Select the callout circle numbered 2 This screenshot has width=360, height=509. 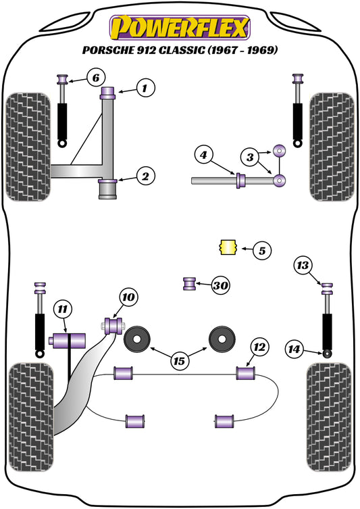coord(145,177)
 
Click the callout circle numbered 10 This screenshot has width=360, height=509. coord(129,296)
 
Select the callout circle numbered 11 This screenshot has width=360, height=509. coord(62,310)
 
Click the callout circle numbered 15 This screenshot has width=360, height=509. coord(179,362)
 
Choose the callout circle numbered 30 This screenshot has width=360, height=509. coord(220,285)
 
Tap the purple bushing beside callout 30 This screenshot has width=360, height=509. coord(190,284)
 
